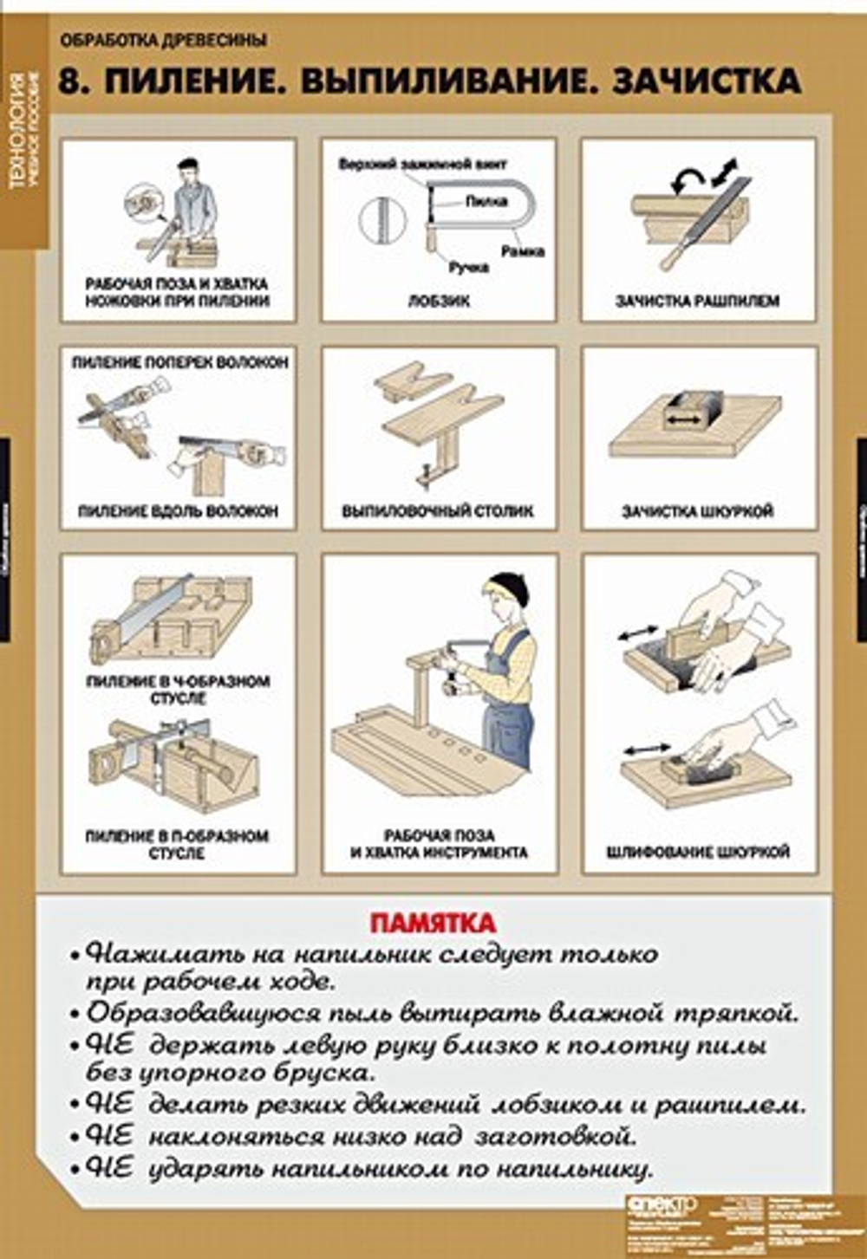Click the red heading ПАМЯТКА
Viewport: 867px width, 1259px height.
tap(433, 922)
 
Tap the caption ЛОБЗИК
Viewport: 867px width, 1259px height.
tap(439, 302)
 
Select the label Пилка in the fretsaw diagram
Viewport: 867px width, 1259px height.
tap(486, 201)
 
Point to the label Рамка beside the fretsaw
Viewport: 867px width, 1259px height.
tap(523, 251)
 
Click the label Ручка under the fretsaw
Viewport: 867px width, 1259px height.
tap(468, 268)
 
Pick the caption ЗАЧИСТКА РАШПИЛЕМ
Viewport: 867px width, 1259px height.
tap(698, 302)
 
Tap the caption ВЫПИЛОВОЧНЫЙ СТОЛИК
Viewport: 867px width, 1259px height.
tap(438, 511)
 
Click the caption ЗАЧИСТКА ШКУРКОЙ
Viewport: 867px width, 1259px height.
tap(698, 511)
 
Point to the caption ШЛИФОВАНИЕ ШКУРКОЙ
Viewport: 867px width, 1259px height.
tap(698, 852)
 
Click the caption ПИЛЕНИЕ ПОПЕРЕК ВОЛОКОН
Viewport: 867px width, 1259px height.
tap(179, 362)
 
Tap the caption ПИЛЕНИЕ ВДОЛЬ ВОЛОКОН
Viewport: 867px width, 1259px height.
tap(178, 511)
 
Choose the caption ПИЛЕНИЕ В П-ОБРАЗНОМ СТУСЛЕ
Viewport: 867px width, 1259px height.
tap(178, 844)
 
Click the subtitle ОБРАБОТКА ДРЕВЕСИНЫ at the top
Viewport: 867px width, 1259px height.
tap(164, 40)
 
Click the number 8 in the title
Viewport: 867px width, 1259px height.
tap(71, 81)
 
